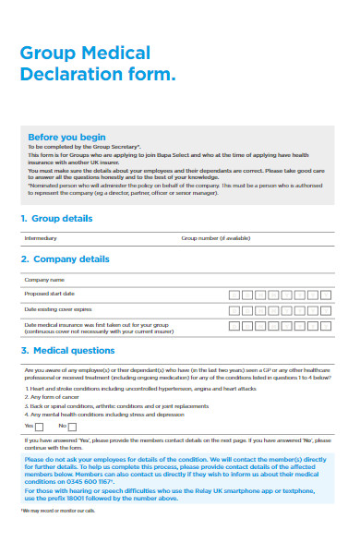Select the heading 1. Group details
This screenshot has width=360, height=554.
pyautogui.click(x=56, y=219)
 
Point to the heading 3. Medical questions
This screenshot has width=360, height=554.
pyautogui.click(x=67, y=351)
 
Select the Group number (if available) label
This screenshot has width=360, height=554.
pyautogui.click(x=215, y=238)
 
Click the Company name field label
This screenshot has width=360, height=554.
pyautogui.click(x=44, y=279)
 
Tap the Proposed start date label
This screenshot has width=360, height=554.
pyautogui.click(x=47, y=293)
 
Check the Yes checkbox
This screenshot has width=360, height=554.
pyautogui.click(x=39, y=426)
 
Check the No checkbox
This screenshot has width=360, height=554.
pyautogui.click(x=73, y=426)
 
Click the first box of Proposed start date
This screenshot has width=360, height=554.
pyautogui.click(x=234, y=294)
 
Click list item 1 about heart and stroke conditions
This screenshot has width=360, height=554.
pyautogui.click(x=129, y=389)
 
